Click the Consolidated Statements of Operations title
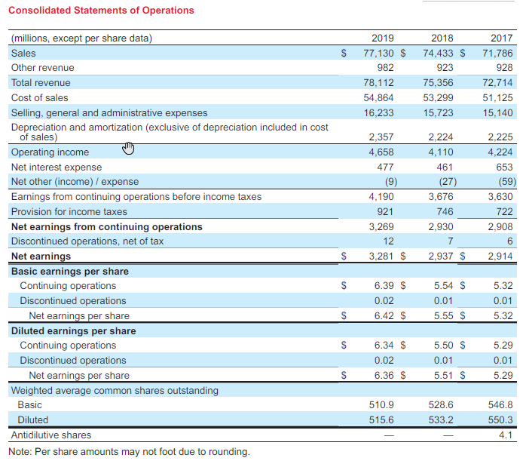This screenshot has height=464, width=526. click(x=100, y=11)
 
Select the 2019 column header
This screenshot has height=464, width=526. click(x=384, y=38)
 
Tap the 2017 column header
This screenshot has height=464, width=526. click(x=501, y=38)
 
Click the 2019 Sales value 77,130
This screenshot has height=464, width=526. click(x=379, y=54)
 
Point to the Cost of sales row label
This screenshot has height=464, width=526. click(x=39, y=98)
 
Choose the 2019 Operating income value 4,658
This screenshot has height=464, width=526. click(x=383, y=152)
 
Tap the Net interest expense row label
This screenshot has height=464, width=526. click(x=56, y=167)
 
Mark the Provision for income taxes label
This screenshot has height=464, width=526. click(x=69, y=212)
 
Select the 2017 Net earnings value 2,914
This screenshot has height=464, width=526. click(x=500, y=257)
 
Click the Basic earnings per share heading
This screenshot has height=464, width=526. click(x=69, y=272)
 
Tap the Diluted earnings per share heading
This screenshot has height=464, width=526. click(x=73, y=331)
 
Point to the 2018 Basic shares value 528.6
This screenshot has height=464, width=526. click(x=441, y=405)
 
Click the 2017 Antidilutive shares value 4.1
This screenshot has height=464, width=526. click(x=506, y=435)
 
